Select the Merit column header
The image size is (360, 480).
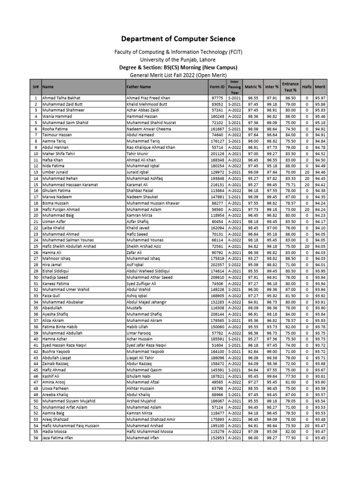(x=320, y=87)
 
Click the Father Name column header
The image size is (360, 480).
(x=139, y=87)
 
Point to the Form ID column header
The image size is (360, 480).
(x=217, y=87)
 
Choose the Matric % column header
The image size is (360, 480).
(x=255, y=87)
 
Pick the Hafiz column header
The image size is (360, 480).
(x=307, y=87)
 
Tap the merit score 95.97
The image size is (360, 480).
(x=320, y=97)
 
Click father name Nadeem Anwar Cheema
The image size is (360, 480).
(x=149, y=128)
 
